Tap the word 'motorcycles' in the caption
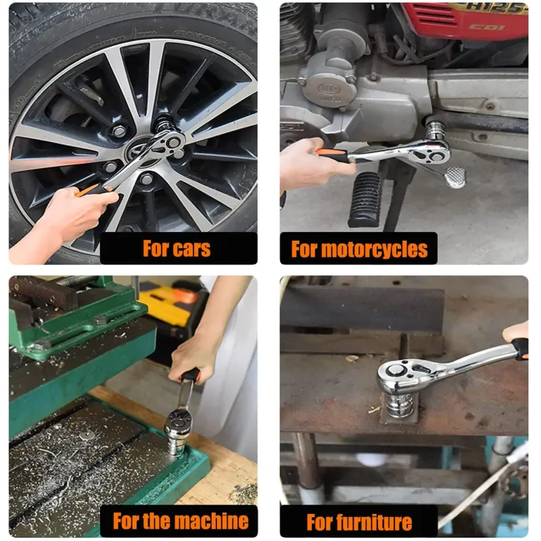[375, 250]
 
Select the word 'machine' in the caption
[212, 521]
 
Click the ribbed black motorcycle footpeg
[366, 199]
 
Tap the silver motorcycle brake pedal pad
[455, 177]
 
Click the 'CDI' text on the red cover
[486, 27]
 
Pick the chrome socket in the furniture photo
[398, 404]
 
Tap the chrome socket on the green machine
[177, 439]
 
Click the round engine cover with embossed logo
[329, 90]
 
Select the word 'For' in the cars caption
[156, 249]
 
